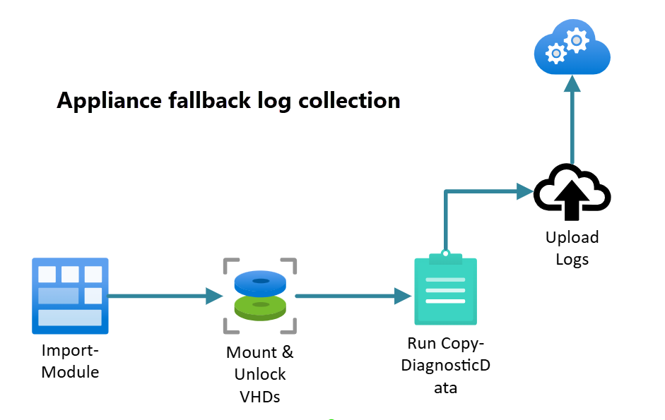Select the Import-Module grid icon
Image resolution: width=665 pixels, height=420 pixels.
click(70, 295)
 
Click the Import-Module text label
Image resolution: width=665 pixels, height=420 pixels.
click(70, 361)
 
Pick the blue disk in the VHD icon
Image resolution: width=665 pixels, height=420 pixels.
click(260, 283)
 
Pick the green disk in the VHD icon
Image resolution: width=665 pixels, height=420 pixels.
click(260, 308)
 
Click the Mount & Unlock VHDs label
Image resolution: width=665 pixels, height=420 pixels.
click(260, 374)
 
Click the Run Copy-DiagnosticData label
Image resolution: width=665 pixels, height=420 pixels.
click(445, 365)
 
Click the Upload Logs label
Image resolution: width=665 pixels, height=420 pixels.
click(572, 248)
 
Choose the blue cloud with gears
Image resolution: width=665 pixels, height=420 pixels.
click(572, 47)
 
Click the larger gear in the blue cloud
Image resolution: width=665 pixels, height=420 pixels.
click(578, 40)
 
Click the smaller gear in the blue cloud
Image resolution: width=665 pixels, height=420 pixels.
click(557, 53)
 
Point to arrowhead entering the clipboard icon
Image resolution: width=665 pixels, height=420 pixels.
click(403, 296)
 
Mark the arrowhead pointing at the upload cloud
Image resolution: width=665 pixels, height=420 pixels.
click(524, 190)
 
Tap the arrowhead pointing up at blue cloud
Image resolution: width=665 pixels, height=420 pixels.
click(572, 83)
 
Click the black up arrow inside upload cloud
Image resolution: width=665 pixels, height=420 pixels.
click(572, 198)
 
